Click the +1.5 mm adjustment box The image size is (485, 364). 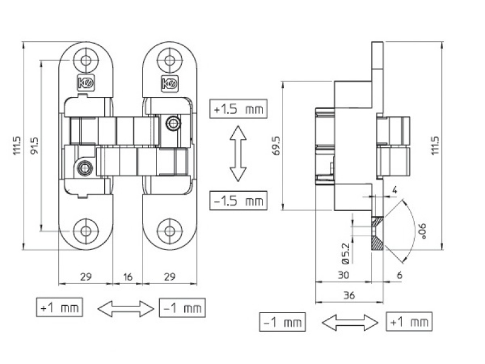tap(239, 109)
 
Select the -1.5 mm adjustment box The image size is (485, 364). tap(239, 200)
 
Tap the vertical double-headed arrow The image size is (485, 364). tap(238, 154)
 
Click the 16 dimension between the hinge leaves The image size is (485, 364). tap(128, 277)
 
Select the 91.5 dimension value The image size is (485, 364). tap(35, 146)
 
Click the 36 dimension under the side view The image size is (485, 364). tap(349, 296)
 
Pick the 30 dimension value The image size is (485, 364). tap(343, 275)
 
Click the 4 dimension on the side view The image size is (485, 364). tap(394, 190)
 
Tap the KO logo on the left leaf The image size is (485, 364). tap(85, 84)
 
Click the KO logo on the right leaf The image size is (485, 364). tap(169, 84)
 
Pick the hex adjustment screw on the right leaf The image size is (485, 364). tap(174, 124)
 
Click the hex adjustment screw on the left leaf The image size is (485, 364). tap(84, 167)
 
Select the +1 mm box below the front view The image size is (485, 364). tap(58, 308)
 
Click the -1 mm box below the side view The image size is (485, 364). tap(282, 322)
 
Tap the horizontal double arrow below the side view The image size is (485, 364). tap(343, 322)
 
